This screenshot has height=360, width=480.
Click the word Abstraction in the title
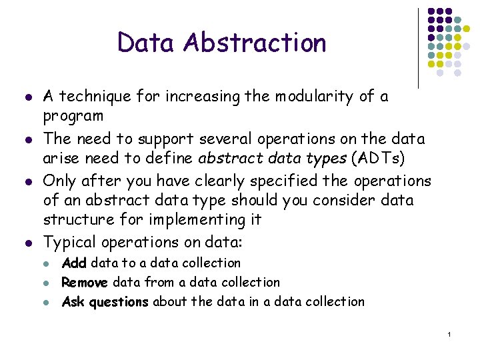pos(255,43)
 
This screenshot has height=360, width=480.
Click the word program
pos(73,116)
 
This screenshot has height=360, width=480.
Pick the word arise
pos(59,159)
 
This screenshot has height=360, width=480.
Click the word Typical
pos(70,242)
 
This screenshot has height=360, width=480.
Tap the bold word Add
pos(74,263)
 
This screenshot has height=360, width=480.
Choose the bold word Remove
pos(84,283)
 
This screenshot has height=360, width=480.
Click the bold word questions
pos(118,302)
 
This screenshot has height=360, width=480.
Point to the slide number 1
pos(450,333)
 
